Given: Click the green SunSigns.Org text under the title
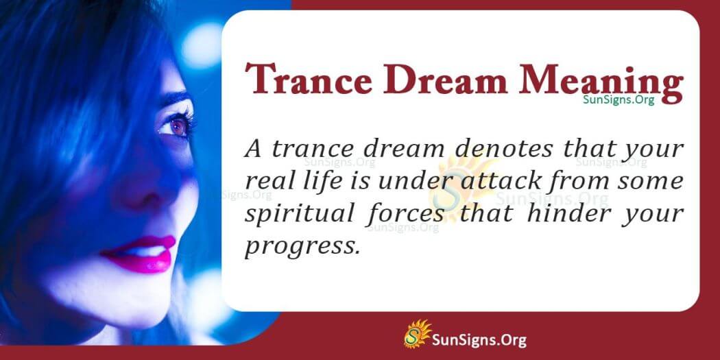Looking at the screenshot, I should click(618, 99).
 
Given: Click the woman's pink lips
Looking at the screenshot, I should click(140, 252).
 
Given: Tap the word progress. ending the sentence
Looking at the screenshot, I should click(302, 245).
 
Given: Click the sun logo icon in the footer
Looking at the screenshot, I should click(416, 334).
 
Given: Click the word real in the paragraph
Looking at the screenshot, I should click(268, 182).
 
